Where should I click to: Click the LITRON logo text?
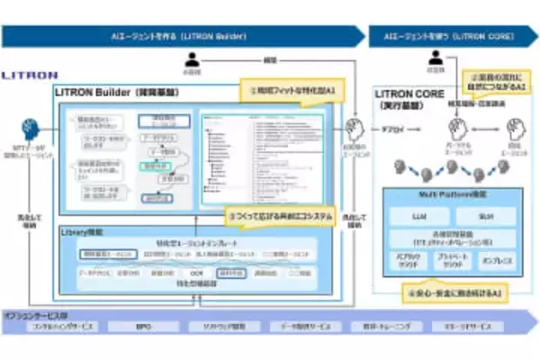click(30, 76)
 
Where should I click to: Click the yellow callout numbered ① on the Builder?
click(279, 92)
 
